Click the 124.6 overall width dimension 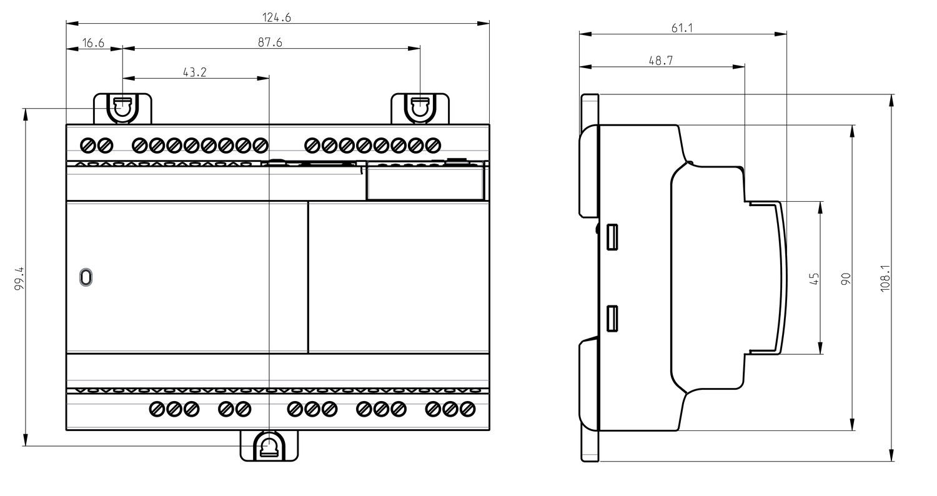[277, 17]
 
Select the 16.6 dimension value [93, 42]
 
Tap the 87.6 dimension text [270, 42]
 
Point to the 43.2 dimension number [195, 72]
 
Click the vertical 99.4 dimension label [19, 279]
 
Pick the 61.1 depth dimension [682, 28]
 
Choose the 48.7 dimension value [661, 61]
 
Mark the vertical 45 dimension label [815, 279]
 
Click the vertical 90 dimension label [846, 279]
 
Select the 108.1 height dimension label [886, 278]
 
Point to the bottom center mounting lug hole [269, 447]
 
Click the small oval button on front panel [86, 277]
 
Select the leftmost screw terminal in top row [87, 146]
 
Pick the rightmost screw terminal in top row [433, 146]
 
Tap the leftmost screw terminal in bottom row [157, 409]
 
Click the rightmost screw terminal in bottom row [467, 409]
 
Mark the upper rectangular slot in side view [612, 237]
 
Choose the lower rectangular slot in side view [612, 319]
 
